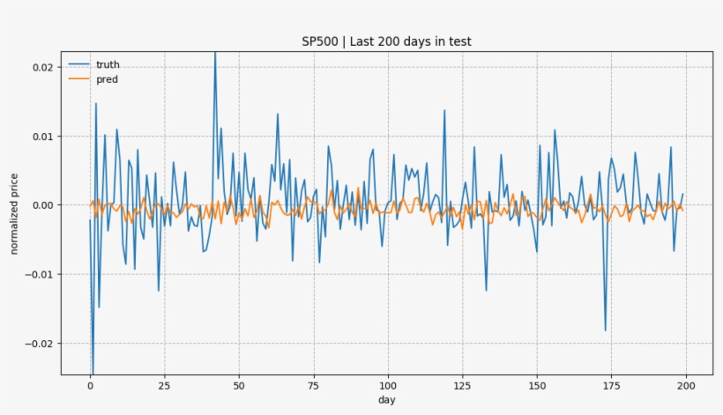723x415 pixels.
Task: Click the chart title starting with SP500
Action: tap(388, 41)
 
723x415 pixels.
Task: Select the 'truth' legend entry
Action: tap(108, 64)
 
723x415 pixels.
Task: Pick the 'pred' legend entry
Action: tap(107, 79)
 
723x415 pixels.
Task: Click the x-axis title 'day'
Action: tap(387, 400)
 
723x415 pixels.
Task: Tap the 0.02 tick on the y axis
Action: tap(41, 68)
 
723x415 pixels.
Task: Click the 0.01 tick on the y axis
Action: tap(41, 137)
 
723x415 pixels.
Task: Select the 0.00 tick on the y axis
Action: tap(41, 205)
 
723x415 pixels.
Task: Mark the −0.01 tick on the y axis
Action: tap(37, 274)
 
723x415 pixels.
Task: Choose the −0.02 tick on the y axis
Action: tap(37, 343)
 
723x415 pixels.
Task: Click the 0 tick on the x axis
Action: tap(90, 385)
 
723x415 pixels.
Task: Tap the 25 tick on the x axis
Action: tap(164, 385)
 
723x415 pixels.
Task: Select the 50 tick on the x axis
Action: tap(239, 385)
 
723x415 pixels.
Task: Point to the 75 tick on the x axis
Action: tap(313, 385)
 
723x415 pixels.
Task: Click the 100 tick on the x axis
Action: tap(388, 385)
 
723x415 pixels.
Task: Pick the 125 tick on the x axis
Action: tap(462, 385)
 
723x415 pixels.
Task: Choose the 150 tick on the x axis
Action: tap(537, 385)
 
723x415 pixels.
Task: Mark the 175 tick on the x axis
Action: tap(611, 385)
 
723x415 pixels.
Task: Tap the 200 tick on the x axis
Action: tap(686, 385)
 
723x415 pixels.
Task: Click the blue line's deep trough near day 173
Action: tap(606, 330)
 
